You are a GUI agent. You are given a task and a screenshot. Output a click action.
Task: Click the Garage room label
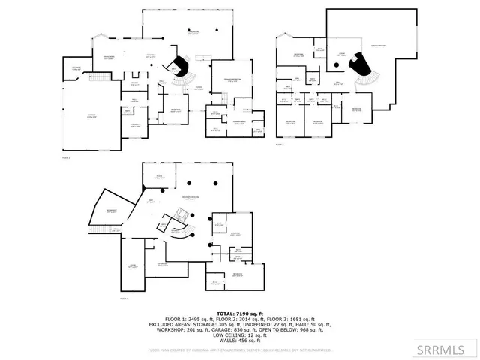(x=91, y=115)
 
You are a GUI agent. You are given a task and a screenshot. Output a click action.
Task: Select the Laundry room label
(x=136, y=126)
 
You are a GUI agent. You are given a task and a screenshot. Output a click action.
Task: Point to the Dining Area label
(x=108, y=57)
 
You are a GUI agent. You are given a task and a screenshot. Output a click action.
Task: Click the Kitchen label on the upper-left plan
(x=149, y=55)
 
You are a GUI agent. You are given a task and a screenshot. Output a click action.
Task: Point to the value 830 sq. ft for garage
(x=256, y=328)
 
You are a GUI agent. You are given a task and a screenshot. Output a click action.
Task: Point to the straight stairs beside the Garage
(x=99, y=77)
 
